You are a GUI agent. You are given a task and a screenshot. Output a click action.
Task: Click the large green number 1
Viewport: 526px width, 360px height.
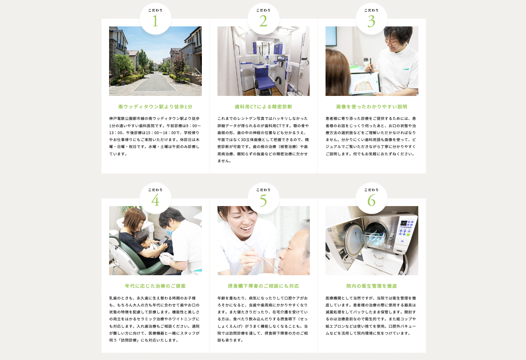pos(155,21)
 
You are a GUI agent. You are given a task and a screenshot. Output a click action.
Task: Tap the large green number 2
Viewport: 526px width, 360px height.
pos(263,21)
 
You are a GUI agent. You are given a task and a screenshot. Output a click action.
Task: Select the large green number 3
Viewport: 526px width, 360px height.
pos(371,21)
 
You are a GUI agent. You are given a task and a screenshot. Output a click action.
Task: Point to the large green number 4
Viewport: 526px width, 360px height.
pos(155,200)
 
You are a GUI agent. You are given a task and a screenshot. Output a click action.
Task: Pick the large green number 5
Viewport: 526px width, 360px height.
pos(263,201)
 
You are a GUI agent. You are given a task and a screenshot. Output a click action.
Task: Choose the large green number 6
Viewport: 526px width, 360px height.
pos(371,200)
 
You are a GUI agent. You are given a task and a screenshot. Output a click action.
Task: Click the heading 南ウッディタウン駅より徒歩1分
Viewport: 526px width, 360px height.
pos(155,107)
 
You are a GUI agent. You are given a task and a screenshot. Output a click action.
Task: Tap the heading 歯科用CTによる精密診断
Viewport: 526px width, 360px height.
pos(263,107)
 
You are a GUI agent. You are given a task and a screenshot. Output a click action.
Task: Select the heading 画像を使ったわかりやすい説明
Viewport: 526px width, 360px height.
pos(371,107)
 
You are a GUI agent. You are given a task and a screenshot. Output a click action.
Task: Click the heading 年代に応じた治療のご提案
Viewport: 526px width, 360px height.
pos(155,286)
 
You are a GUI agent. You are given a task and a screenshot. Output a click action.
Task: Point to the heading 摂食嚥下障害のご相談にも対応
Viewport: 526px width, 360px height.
pos(263,286)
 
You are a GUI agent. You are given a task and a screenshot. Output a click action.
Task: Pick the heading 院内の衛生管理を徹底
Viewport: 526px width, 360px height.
pos(371,286)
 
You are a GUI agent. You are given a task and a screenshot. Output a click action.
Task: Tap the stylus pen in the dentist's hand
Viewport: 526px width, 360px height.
pos(371,66)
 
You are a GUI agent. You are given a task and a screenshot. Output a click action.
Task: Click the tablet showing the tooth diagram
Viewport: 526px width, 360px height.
pos(364,84)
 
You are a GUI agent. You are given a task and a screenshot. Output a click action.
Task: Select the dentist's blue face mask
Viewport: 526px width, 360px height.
pos(170,230)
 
